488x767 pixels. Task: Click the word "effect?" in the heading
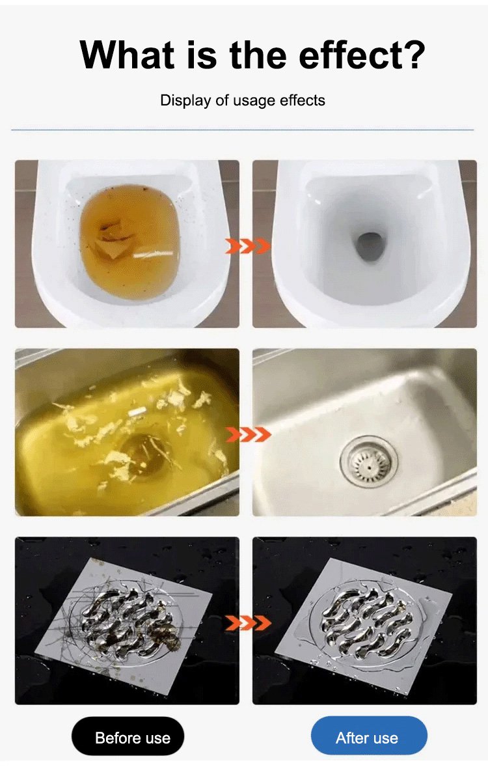tap(362, 55)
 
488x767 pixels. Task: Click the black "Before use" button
tap(128, 736)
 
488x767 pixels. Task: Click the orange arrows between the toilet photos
tap(248, 245)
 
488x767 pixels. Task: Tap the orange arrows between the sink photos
tap(248, 434)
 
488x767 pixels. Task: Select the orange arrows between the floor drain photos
tap(248, 622)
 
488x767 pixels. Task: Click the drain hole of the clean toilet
tap(369, 247)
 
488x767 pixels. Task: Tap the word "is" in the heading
tap(202, 54)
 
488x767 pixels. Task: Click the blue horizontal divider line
tap(243, 130)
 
